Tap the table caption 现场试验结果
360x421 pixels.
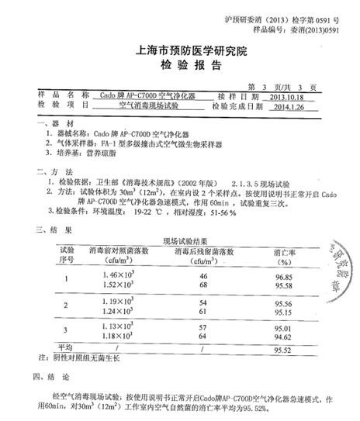point(180,241)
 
